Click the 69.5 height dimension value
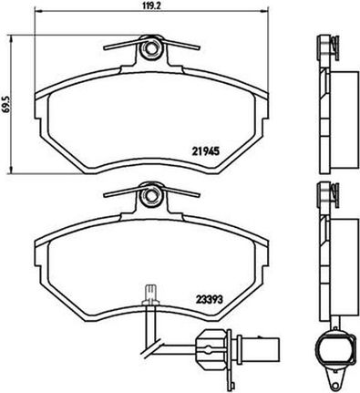[x=5, y=104]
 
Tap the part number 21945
[x=206, y=151]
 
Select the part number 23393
[x=209, y=300]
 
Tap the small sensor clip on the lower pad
[x=151, y=295]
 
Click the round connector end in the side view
[x=335, y=347]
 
